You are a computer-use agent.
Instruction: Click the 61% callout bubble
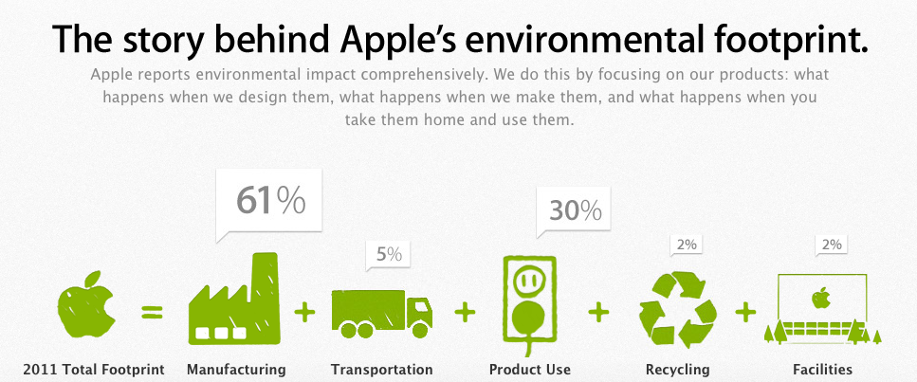tap(269, 200)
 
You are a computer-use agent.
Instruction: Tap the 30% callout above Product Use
tap(574, 210)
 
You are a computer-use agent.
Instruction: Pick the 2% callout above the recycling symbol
tap(686, 245)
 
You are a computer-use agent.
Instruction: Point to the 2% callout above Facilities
tap(831, 245)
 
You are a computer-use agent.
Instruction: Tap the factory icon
tap(235, 300)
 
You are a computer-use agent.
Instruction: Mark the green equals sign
tap(152, 310)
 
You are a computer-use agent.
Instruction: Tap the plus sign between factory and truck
tap(305, 310)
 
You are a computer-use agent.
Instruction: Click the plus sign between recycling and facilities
tap(746, 310)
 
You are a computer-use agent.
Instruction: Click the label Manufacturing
tap(236, 369)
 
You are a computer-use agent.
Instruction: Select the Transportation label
tap(381, 369)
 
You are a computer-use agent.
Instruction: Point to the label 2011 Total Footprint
tap(94, 369)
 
